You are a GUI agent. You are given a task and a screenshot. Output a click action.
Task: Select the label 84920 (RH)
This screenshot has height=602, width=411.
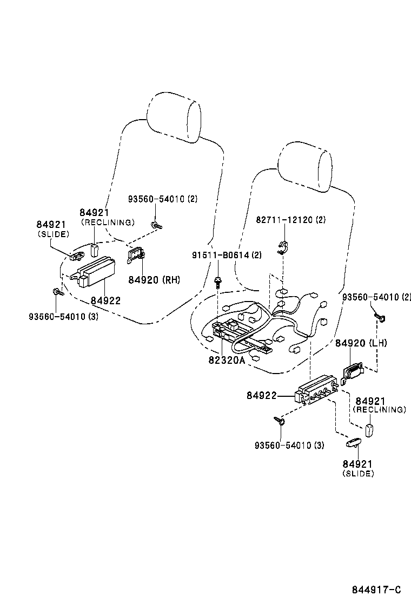pyautogui.click(x=154, y=279)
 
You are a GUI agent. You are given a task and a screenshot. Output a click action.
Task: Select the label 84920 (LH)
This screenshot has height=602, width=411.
pyautogui.click(x=361, y=343)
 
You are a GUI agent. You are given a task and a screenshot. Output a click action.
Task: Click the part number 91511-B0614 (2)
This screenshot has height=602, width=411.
pyautogui.click(x=227, y=255)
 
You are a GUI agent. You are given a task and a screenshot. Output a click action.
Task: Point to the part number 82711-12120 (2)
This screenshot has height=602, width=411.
pyautogui.click(x=290, y=220)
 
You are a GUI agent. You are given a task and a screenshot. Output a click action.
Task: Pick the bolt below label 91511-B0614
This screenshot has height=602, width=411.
pyautogui.click(x=218, y=281)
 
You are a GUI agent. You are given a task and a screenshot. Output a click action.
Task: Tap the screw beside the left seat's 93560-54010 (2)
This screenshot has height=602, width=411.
pyautogui.click(x=156, y=225)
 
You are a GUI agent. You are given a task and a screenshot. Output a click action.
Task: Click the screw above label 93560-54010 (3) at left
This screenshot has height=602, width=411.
pyautogui.click(x=57, y=293)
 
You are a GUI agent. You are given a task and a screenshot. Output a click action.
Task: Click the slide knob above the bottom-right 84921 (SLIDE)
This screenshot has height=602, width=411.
pyautogui.click(x=353, y=443)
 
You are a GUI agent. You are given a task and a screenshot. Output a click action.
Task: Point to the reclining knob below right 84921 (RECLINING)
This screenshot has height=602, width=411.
pyautogui.click(x=370, y=430)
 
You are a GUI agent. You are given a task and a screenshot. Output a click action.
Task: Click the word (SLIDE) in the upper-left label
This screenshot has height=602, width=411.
pyautogui.click(x=54, y=234)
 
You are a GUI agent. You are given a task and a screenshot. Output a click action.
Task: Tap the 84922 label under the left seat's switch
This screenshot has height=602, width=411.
pyautogui.click(x=105, y=301)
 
